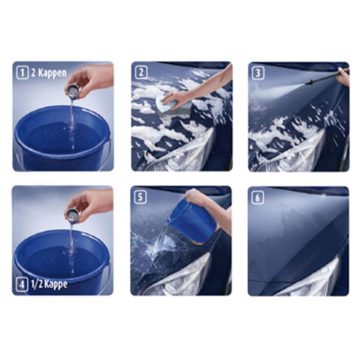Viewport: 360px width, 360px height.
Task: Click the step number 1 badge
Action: [22, 73]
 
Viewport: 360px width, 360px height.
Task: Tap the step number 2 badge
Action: [141, 73]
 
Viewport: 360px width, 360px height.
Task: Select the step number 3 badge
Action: [258, 73]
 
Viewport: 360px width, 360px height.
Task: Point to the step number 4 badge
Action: [22, 285]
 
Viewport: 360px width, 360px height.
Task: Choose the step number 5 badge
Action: [140, 197]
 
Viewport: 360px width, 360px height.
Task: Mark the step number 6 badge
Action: [257, 198]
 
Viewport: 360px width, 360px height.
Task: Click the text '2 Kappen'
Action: [49, 73]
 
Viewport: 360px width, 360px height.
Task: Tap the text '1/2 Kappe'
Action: [49, 284]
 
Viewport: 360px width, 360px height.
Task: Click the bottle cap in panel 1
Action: [73, 91]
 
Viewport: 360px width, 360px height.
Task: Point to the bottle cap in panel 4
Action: [73, 215]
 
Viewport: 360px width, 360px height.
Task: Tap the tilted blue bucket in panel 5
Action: [193, 221]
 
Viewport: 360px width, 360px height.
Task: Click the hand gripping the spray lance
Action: [343, 76]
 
